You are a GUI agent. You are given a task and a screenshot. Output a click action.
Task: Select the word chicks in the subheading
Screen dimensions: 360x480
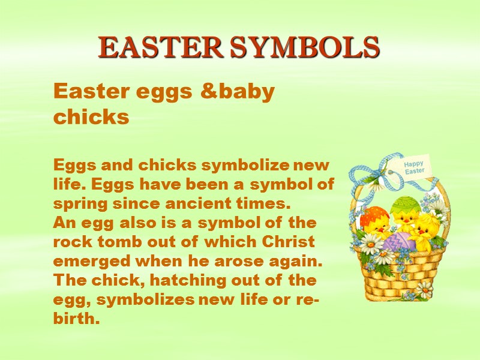(x=91, y=116)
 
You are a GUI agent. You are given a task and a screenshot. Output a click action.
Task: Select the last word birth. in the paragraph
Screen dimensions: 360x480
(x=76, y=319)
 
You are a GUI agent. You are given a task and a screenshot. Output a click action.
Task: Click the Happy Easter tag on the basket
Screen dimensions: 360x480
(x=414, y=167)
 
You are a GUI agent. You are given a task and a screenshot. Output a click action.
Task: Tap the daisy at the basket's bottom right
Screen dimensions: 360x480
(x=424, y=289)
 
